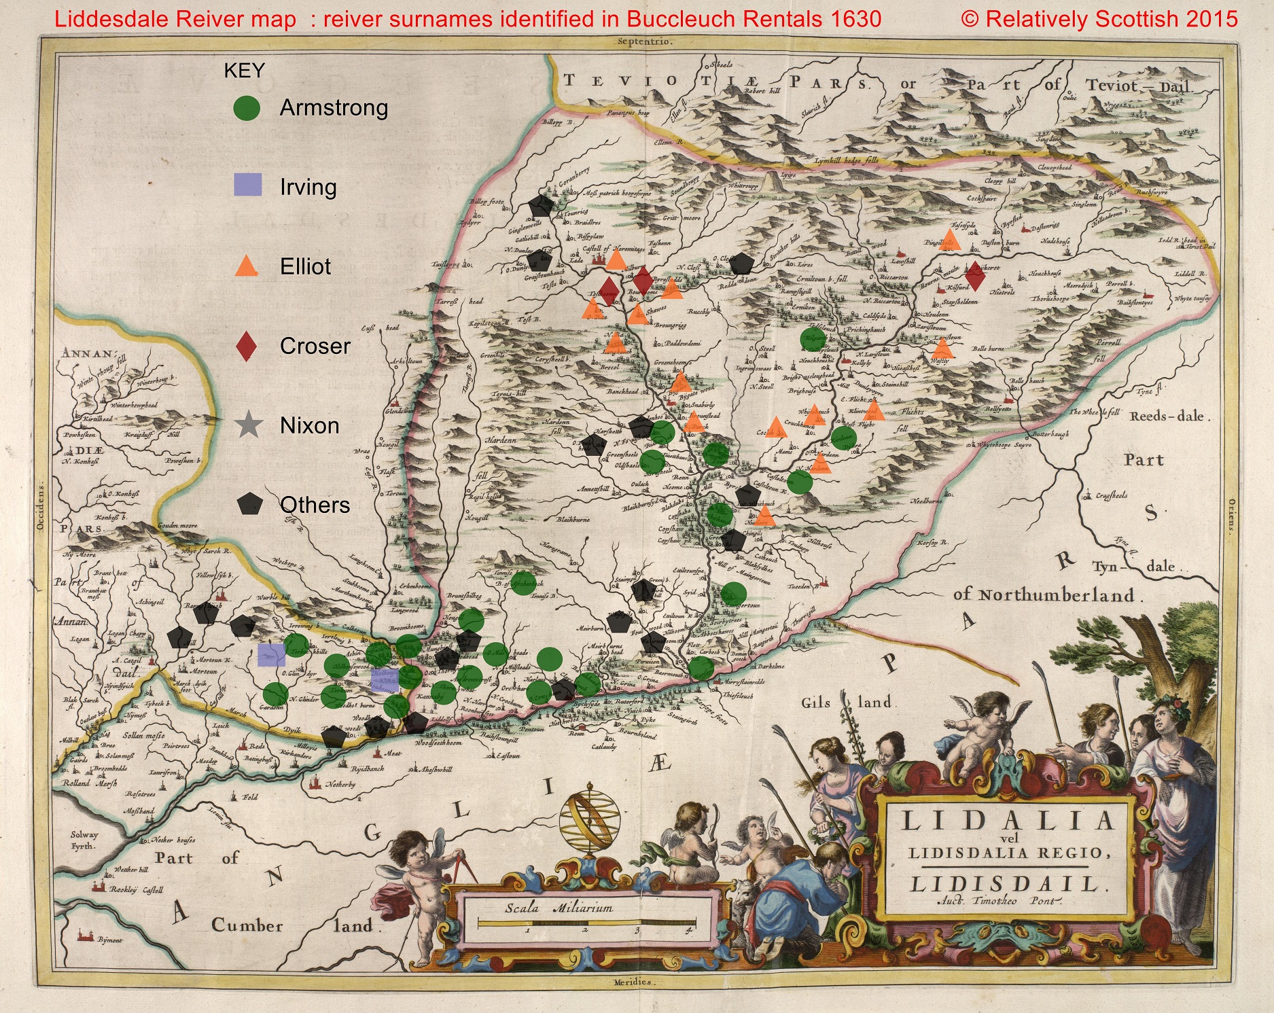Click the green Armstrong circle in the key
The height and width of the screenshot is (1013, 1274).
tap(247, 108)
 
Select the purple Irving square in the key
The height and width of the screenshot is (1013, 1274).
tap(247, 185)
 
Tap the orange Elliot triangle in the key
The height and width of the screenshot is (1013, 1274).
tap(246, 266)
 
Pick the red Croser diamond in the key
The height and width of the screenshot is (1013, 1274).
tap(246, 345)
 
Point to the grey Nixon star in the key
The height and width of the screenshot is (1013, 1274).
tap(249, 425)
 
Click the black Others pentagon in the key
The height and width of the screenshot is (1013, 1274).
tap(250, 504)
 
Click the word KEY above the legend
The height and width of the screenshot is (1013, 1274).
tap(244, 71)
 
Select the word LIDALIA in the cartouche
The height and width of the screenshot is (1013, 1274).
tap(1008, 821)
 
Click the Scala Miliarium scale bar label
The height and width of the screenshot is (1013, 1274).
tap(559, 908)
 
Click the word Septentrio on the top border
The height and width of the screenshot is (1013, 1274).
tap(645, 41)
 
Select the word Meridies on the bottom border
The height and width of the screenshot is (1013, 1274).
tap(632, 982)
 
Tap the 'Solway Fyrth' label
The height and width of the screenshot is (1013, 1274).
tap(85, 840)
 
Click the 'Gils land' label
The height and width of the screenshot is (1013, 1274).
tap(849, 703)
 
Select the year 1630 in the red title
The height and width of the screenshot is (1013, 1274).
tap(856, 19)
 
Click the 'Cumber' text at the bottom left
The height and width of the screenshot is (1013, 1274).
tap(247, 925)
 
